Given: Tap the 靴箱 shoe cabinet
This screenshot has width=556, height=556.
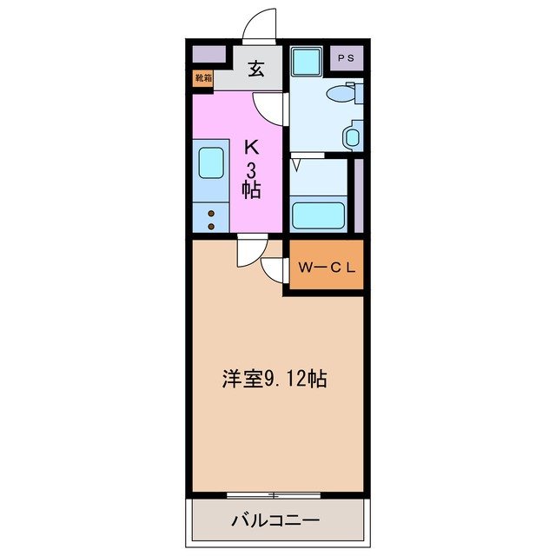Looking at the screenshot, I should (x=203, y=77).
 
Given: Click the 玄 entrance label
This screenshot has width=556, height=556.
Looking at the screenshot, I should (x=257, y=67).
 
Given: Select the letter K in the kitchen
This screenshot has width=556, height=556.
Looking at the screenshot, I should (x=251, y=147).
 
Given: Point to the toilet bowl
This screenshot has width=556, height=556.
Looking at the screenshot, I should (x=341, y=94).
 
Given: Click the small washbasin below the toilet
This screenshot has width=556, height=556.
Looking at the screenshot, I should (x=351, y=136).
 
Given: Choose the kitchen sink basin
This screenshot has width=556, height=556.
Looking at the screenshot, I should (x=212, y=162).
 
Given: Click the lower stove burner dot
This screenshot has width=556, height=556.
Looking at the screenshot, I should (x=211, y=226).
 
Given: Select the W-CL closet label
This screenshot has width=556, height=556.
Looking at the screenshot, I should (x=327, y=268).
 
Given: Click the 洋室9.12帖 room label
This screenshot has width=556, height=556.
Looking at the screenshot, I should (x=273, y=379).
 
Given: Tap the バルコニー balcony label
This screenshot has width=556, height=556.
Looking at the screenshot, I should (x=275, y=521).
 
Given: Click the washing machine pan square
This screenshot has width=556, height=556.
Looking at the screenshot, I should (x=306, y=62).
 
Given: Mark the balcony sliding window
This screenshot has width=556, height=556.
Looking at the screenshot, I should (x=273, y=495).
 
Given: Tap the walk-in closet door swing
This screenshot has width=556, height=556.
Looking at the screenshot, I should (x=275, y=269).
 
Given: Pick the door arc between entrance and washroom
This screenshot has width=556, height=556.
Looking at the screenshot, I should (x=271, y=106).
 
